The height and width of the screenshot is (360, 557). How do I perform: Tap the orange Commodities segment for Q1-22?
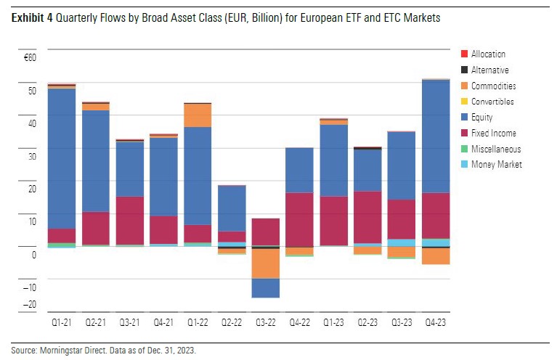pyautogui.click(x=198, y=115)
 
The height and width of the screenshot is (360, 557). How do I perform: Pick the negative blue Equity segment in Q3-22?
pyautogui.click(x=266, y=287)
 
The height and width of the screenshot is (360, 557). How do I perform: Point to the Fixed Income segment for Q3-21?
pyautogui.click(x=130, y=221)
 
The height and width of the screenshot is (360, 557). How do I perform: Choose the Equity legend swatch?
pyautogui.click(x=464, y=118)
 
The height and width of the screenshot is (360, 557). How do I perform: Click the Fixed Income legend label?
pyautogui.click(x=493, y=134)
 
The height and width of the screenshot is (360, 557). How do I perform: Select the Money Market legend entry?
pyautogui.click(x=496, y=165)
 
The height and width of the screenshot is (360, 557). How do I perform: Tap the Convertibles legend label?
pyautogui.click(x=492, y=102)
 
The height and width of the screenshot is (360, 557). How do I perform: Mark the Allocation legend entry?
pyautogui.click(x=488, y=54)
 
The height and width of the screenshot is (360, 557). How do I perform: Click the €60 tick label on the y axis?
pyautogui.click(x=30, y=56)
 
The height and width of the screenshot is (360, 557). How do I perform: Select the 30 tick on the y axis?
pyautogui.click(x=31, y=155)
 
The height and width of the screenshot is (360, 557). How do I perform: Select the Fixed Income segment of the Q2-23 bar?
pyautogui.click(x=368, y=217)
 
